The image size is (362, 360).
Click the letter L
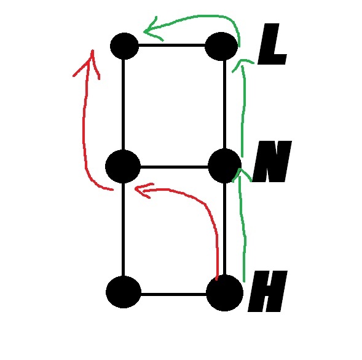coord(272,44)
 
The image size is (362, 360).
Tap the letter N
coord(272,161)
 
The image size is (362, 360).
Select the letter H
coord(267,291)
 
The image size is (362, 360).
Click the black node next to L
coord(221,46)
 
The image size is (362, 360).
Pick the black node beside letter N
coord(224,166)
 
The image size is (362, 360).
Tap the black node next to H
coord(224,293)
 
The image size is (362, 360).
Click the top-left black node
coord(124,46)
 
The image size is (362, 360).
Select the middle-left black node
coord(123,167)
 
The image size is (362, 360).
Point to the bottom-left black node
coord(124,292)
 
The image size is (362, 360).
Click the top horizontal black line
coord(171,46)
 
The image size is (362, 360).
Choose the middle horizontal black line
coord(175,167)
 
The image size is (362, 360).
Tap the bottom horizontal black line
coord(173,294)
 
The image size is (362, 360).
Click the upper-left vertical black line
coord(124,105)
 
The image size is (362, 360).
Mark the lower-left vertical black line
coord(124,230)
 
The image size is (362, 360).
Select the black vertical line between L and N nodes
coord(224,105)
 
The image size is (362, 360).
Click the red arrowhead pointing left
coord(143,190)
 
